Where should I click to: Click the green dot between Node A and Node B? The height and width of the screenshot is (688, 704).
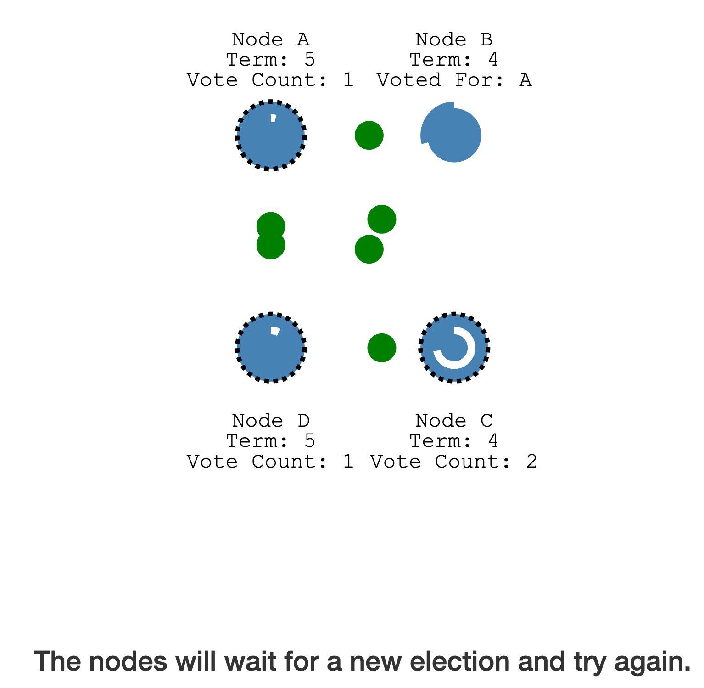coord(369,135)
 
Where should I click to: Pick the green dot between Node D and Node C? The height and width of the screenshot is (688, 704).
coord(381,348)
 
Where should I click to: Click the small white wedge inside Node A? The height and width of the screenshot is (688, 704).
coord(274,118)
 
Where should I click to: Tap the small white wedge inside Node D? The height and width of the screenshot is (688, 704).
coord(275,331)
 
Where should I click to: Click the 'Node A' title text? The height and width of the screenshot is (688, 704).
coord(271,40)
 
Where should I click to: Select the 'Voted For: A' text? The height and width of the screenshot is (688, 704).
coord(454,80)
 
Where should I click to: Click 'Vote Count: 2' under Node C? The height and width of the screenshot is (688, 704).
coord(454,462)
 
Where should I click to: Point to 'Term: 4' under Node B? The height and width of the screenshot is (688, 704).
coord(454,60)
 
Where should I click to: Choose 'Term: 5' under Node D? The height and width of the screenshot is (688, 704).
coord(271,441)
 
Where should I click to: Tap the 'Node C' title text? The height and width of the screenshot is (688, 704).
coord(454,421)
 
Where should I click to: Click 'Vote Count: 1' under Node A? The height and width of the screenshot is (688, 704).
coord(271,80)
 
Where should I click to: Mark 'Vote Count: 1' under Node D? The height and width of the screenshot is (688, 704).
coord(271,462)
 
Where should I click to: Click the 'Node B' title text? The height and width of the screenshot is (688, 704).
coord(454,40)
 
